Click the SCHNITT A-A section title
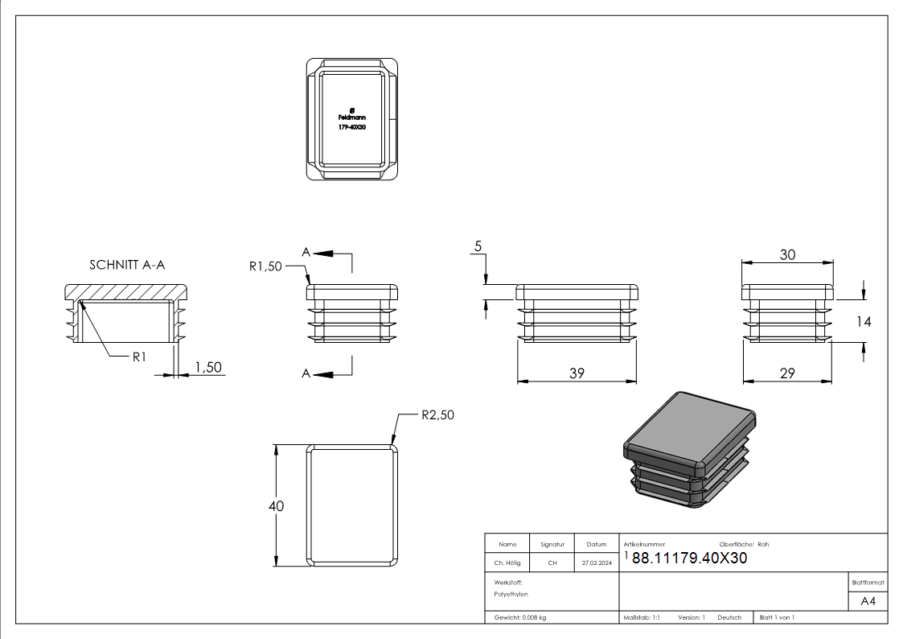click(x=128, y=265)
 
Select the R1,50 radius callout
click(x=265, y=266)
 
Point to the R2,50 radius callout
click(x=437, y=415)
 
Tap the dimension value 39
click(x=577, y=373)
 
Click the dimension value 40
click(x=276, y=506)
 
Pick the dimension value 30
click(x=788, y=254)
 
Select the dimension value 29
click(x=788, y=373)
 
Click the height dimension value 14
click(x=864, y=322)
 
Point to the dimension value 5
click(x=478, y=247)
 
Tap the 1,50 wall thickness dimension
click(x=208, y=367)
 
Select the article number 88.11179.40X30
click(x=690, y=559)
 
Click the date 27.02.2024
click(x=597, y=563)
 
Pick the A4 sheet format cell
click(x=868, y=601)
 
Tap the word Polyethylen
click(x=511, y=594)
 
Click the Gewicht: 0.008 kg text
click(x=520, y=617)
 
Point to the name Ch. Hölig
click(x=507, y=563)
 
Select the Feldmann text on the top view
click(x=352, y=117)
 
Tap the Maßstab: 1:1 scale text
click(x=642, y=617)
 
